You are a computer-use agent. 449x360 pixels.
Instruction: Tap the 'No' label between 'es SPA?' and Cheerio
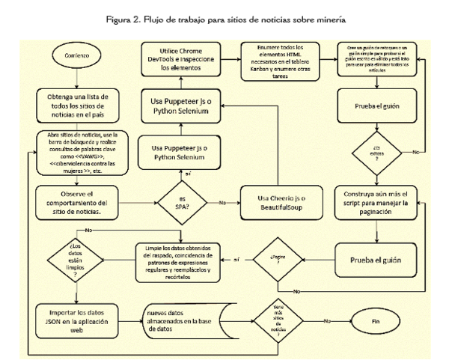click(x=222, y=202)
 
